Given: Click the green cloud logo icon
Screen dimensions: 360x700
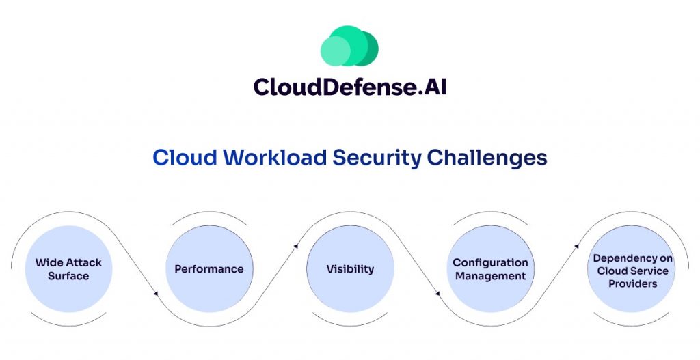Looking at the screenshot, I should point(349,46).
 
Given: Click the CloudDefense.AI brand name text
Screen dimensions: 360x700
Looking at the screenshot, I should point(349,86).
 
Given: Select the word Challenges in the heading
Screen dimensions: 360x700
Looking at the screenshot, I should point(487,158).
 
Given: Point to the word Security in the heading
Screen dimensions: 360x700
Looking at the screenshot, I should point(377,158).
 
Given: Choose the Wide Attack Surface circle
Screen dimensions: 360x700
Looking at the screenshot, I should point(68,269).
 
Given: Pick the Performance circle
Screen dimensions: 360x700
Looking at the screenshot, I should point(208,269).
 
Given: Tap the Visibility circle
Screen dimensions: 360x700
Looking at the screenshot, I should point(349,269).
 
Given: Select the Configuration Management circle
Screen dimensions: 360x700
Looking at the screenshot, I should point(490,269).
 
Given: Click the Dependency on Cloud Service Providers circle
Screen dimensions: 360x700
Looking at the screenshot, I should point(632,269).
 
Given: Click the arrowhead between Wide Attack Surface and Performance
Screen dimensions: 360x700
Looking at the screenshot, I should point(157,294).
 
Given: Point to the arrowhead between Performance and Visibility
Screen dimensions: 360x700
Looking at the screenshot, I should point(297,244).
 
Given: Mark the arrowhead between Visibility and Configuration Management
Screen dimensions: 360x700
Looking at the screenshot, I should point(438,294).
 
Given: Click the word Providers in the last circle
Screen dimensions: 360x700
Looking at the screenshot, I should point(632,283).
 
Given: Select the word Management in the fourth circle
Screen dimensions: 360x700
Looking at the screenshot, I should point(490,276).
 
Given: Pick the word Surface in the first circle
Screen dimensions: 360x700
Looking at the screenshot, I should point(68,276).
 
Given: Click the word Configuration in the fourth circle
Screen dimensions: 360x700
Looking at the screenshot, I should point(490,262).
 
